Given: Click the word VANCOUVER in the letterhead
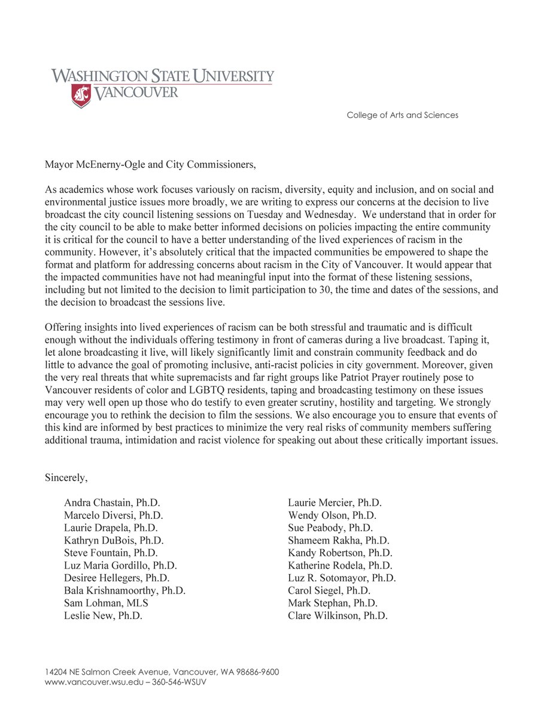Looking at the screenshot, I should point(135,92).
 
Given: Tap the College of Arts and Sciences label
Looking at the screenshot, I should point(402,115).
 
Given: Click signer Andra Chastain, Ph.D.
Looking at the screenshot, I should point(112,503).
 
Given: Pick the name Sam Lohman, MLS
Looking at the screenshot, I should point(106,603).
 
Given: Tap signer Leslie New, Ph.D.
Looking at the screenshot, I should point(103,616).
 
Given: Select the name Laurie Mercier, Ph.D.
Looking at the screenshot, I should point(335,503).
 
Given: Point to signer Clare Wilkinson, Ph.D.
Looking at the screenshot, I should point(338,616).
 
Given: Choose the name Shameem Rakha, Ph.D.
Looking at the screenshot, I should point(338,540).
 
